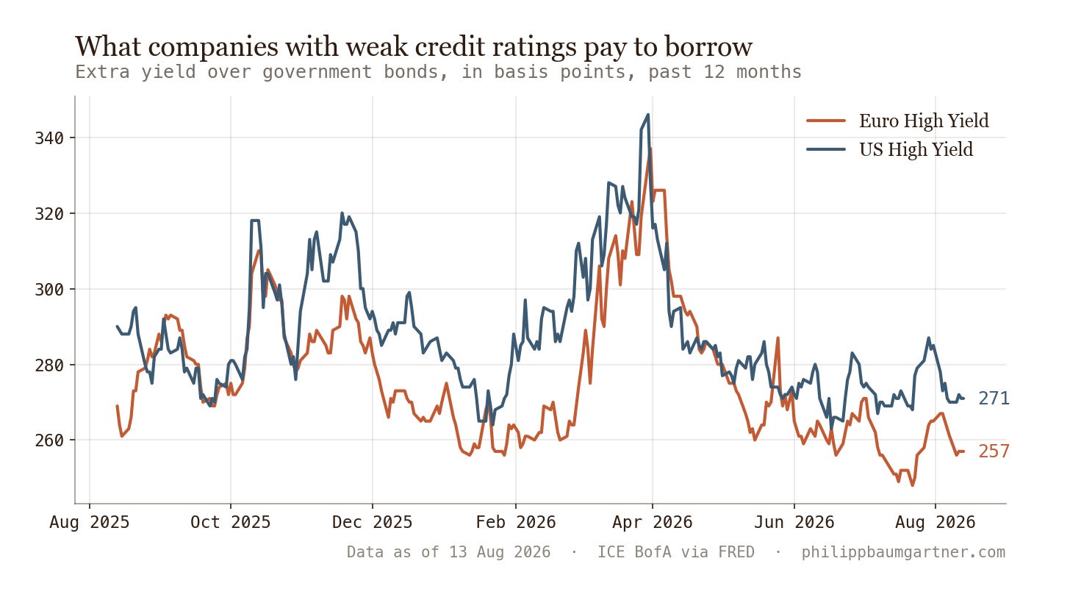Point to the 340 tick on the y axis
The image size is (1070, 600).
tap(49, 138)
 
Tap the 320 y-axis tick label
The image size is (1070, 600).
tap(49, 214)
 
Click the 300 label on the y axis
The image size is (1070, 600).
tap(49, 289)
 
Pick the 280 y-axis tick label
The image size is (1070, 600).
tap(49, 365)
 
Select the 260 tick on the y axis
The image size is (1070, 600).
tap(49, 440)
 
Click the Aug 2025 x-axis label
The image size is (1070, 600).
tap(90, 522)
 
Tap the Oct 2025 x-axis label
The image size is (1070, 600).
tap(231, 522)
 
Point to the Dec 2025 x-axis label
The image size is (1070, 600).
tap(372, 522)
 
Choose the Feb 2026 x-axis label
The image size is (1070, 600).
tap(516, 522)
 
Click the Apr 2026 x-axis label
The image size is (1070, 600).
tap(653, 522)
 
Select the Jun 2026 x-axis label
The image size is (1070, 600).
tap(794, 522)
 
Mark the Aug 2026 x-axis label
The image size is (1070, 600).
tap(936, 522)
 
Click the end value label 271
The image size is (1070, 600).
tap(994, 399)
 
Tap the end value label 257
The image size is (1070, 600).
tap(994, 451)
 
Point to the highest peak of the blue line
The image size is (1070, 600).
tap(647, 114)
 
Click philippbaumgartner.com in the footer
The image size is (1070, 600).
tap(903, 552)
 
